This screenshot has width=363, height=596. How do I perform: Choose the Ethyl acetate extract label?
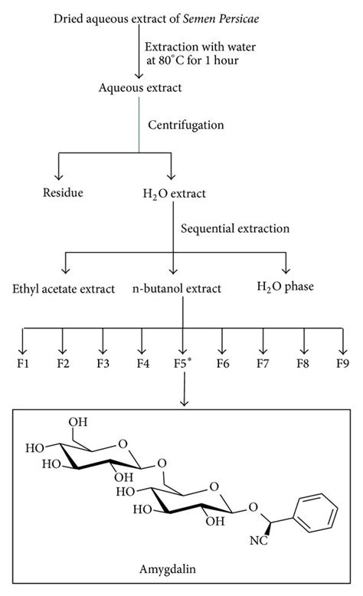pos(64,289)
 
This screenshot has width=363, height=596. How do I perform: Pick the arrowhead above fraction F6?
pos(223,340)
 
